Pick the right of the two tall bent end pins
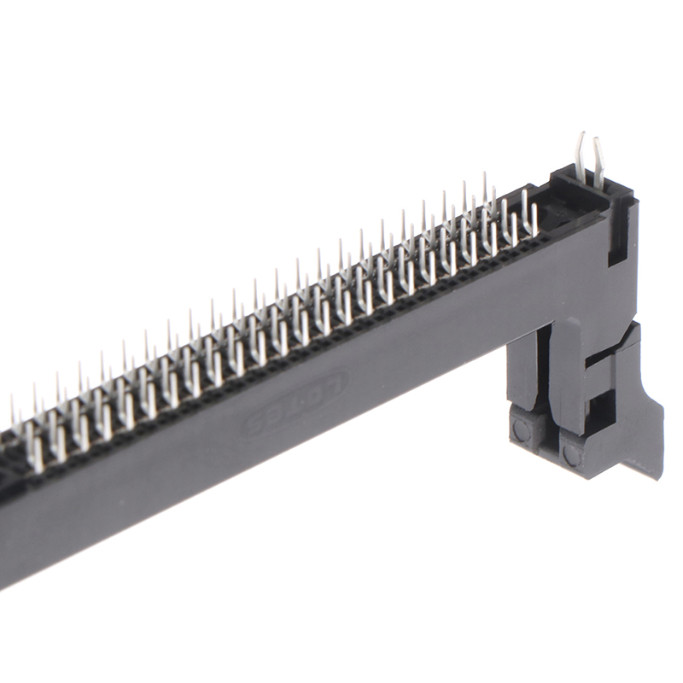click(x=598, y=162)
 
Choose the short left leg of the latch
click(x=522, y=367)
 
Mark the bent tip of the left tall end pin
click(x=581, y=137)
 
